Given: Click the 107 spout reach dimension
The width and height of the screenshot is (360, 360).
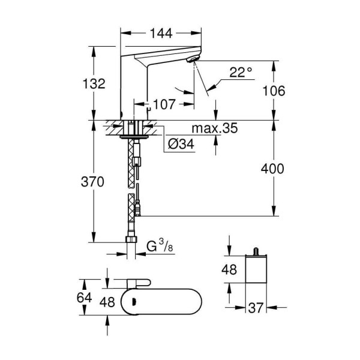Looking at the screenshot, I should [x=164, y=104].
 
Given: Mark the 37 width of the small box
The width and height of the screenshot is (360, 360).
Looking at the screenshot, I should [x=257, y=308].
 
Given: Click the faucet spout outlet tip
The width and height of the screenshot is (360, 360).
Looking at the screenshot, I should [x=194, y=60].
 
